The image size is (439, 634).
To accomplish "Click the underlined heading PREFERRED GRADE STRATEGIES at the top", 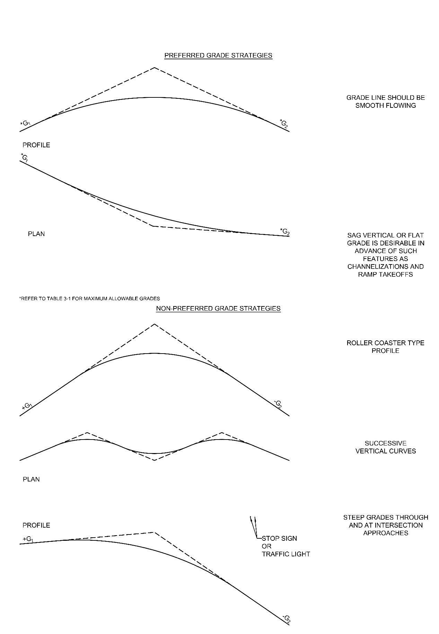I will [x=218, y=55].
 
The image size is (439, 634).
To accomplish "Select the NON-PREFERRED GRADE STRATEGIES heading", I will [x=218, y=309].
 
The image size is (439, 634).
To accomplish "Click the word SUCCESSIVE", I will [x=385, y=443].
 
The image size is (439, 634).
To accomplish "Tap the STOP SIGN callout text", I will [x=279, y=538].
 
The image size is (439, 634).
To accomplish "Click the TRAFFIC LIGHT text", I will [x=286, y=554].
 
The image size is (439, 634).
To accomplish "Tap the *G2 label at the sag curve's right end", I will [x=284, y=231].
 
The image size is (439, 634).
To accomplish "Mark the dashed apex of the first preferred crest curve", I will [x=155, y=68].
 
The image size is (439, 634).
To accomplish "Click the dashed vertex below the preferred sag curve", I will [x=153, y=226].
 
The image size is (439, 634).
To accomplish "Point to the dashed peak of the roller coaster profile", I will [x=155, y=324].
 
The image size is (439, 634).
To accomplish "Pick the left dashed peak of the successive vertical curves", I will [x=87, y=433].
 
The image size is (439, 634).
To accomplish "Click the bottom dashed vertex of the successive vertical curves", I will [x=155, y=460].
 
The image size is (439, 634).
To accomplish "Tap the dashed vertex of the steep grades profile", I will [x=153, y=532].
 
